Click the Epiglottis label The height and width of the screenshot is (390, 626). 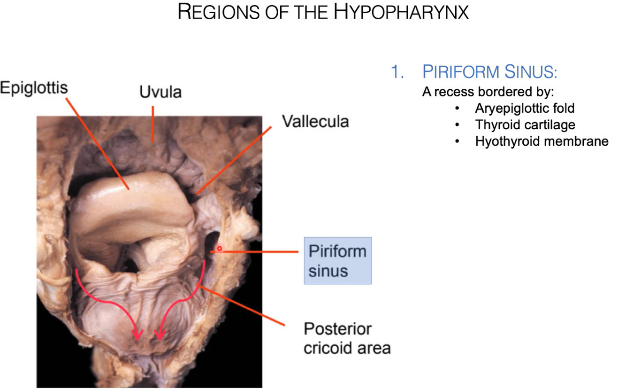[x=34, y=88]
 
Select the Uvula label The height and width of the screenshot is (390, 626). [x=160, y=93]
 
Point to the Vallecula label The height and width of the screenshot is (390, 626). [x=315, y=122]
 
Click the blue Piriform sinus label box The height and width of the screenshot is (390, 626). [x=337, y=260]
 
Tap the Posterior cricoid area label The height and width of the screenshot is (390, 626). [x=346, y=338]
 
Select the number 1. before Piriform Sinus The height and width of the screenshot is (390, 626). [x=397, y=73]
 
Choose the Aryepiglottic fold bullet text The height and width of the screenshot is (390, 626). [x=525, y=108]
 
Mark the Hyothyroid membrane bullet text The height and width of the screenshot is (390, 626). [x=542, y=141]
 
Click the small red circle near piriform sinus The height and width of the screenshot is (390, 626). [x=219, y=248]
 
